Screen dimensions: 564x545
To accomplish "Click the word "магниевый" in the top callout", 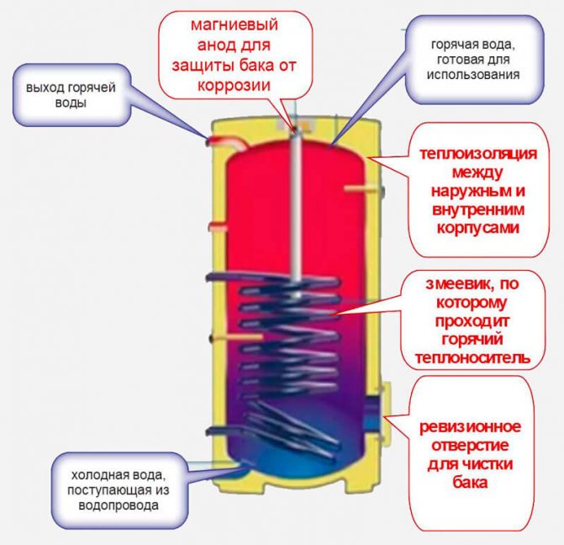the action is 235,25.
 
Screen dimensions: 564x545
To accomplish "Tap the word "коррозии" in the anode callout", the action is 234,87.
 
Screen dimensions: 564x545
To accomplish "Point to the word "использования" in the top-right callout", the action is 473,75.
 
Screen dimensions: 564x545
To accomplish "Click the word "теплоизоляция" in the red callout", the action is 478,154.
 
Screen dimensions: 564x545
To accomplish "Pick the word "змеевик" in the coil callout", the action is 451,284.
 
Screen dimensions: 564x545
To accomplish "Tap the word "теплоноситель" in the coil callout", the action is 472,358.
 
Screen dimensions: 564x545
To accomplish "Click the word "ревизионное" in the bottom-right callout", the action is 470,427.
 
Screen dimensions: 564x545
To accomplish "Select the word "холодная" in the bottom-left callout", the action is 95,475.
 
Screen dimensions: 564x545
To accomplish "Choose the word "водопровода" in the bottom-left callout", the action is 119,505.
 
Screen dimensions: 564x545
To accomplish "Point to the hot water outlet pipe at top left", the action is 227,142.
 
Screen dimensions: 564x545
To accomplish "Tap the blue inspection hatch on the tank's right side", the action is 371,412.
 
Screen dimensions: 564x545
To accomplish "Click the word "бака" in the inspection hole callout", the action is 470,483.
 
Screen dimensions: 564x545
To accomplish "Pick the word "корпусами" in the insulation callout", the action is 478,228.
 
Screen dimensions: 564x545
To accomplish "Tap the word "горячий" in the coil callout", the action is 472,340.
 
